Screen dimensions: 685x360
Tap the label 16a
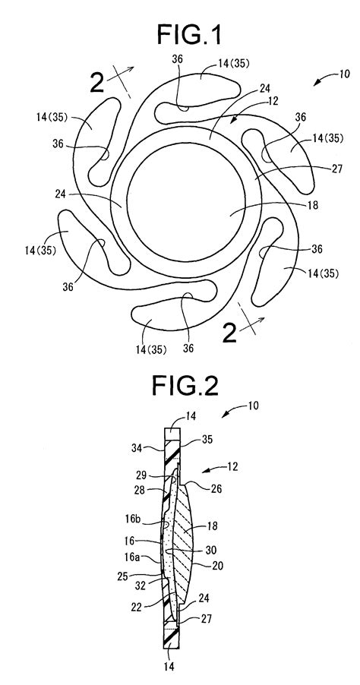[x=144, y=557]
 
